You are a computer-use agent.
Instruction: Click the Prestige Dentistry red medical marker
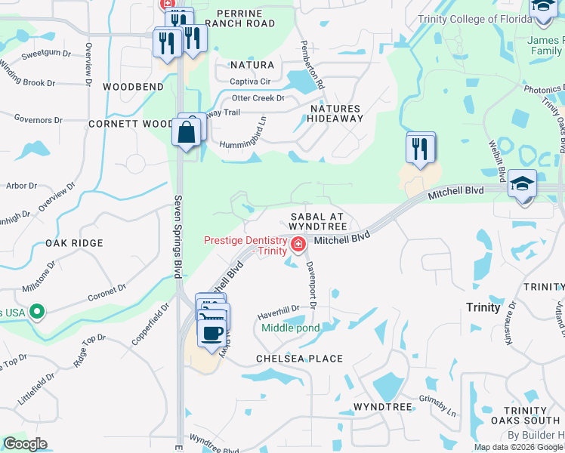[298, 245]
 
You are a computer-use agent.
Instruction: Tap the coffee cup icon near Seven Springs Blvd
[211, 331]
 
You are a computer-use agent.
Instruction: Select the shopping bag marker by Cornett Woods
[186, 134]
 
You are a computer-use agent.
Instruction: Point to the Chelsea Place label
[299, 359]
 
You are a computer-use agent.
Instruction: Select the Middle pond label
[291, 328]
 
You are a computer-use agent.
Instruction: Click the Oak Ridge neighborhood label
[73, 243]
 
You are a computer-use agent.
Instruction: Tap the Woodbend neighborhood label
[134, 88]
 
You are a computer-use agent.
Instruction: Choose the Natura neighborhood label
[252, 66]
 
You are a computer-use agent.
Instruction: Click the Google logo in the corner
[25, 444]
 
